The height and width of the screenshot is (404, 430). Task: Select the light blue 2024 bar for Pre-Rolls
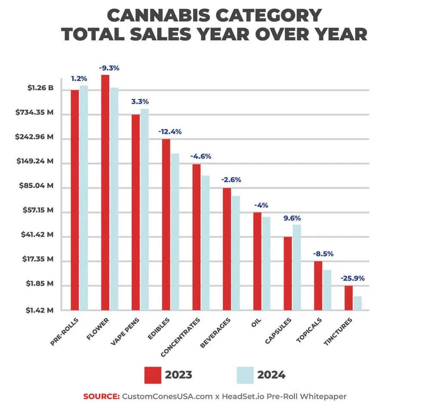(83, 197)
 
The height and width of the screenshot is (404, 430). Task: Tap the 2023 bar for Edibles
(166, 224)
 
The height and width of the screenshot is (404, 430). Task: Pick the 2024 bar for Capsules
(297, 267)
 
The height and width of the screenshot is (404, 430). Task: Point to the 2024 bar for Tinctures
(357, 303)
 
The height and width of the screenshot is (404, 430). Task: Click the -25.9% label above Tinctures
(353, 278)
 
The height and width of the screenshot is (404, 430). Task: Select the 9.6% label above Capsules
(292, 218)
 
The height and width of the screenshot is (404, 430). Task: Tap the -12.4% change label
(170, 132)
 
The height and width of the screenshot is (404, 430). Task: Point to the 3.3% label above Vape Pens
(140, 102)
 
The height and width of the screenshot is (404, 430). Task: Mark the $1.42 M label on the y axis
(38, 310)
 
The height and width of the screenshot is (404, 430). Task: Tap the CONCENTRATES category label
(181, 337)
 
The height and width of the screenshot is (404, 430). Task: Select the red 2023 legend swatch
(153, 375)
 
